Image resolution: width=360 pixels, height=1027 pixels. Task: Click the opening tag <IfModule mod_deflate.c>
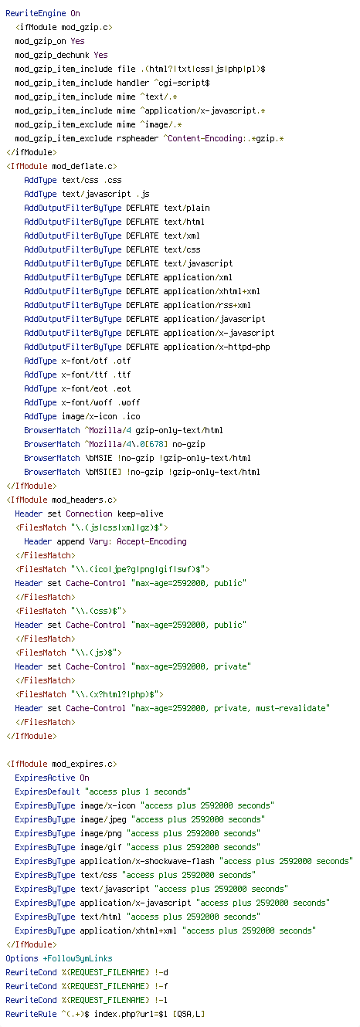pos(62,166)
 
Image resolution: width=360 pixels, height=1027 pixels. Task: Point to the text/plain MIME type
pos(186,208)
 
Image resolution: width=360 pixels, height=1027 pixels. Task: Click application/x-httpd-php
pos(216,347)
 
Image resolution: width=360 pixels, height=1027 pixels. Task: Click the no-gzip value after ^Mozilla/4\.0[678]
pos(188,444)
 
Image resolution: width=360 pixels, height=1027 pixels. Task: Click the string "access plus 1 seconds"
pos(138,791)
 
